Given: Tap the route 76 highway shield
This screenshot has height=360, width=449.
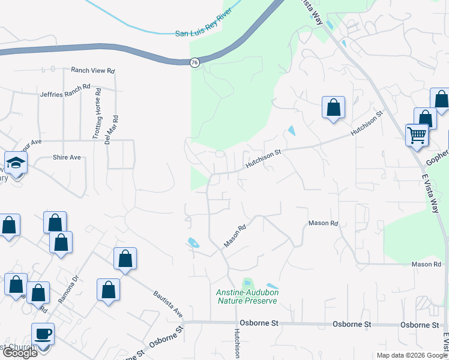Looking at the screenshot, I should pos(194,62).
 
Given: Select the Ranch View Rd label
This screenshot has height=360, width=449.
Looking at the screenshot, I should pos(92,71).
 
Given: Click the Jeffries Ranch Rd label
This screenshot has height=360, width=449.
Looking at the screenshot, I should pos(65,91).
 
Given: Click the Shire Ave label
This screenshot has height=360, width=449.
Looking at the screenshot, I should pos(67,157).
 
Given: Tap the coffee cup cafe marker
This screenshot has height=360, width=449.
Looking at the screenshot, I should pos(43,334).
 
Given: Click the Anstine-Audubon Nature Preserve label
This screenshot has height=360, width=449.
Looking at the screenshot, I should pos(247,296).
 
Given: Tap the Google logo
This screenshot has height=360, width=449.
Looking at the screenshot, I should pos(19,353).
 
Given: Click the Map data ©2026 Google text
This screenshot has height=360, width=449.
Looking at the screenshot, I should pos(411,355).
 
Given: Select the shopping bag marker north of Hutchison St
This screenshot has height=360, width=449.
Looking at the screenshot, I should pos(333,108).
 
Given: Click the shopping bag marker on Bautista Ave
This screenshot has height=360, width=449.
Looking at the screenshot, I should pos(125,259).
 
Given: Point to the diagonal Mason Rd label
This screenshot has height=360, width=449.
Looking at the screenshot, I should pos(235,236).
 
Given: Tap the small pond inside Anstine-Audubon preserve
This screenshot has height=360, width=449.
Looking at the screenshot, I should pos(247,283).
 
